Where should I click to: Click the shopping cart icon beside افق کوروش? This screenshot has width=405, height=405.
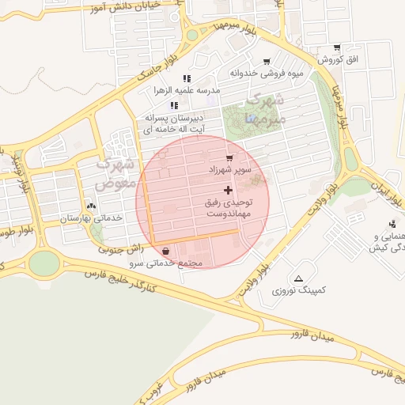pyautogui.click(x=338, y=48)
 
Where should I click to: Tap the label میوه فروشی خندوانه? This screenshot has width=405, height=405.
pyautogui.click(x=258, y=74)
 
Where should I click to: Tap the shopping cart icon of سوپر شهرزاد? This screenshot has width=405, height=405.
pyautogui.click(x=229, y=158)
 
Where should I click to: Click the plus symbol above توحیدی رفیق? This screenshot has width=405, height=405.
pyautogui.click(x=229, y=190)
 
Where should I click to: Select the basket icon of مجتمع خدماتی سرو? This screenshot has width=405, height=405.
pyautogui.click(x=165, y=251)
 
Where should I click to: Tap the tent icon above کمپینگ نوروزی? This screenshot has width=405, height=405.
pyautogui.click(x=298, y=278)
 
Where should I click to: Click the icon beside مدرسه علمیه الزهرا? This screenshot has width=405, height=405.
pyautogui.click(x=187, y=78)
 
